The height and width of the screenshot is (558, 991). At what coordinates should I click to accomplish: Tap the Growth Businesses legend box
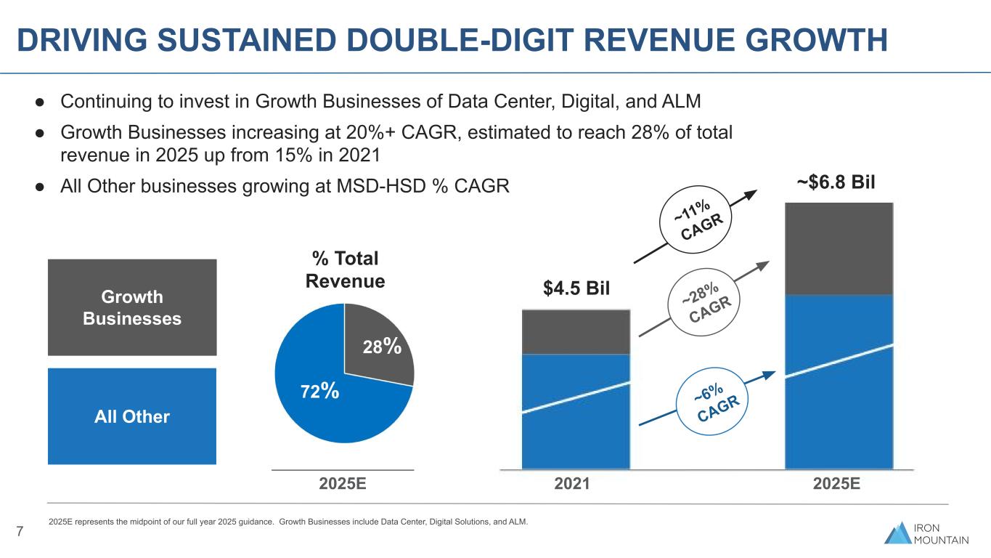click(132, 307)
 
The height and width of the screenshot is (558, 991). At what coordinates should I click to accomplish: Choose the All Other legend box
click(132, 416)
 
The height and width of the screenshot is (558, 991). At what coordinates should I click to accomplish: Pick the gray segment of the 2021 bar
click(575, 332)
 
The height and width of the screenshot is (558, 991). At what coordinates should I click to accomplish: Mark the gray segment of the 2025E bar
click(839, 248)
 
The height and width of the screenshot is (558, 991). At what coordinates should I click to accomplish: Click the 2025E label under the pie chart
click(343, 484)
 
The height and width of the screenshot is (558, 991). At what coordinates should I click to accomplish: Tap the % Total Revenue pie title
click(346, 270)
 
